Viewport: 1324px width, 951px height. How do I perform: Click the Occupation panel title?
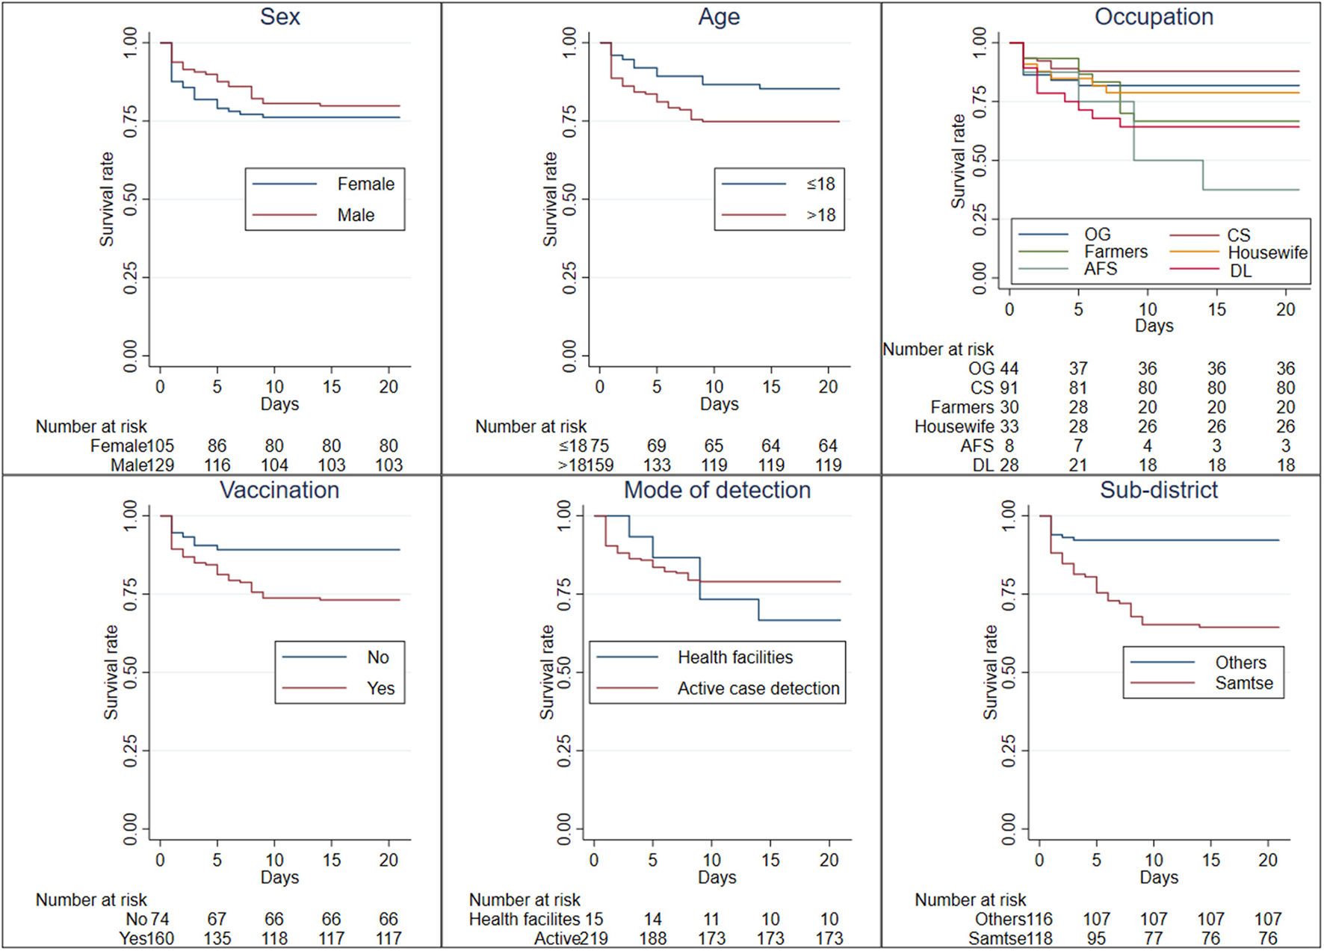click(x=1154, y=17)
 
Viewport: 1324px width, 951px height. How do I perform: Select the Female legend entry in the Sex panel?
click(x=365, y=184)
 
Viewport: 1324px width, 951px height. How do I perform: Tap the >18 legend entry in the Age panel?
click(x=820, y=215)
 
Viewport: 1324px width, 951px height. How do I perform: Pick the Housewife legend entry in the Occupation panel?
click(x=1267, y=253)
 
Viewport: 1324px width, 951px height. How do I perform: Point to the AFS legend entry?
click(x=1101, y=269)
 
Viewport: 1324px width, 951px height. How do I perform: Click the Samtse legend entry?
click(x=1243, y=683)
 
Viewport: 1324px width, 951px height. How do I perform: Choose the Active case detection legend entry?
click(x=758, y=688)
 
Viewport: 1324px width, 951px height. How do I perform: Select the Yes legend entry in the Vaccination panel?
click(x=380, y=688)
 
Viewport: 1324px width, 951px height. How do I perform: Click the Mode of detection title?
click(x=717, y=490)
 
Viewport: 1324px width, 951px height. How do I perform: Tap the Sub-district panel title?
click(x=1159, y=490)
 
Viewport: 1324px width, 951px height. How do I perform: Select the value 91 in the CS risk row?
click(x=1009, y=388)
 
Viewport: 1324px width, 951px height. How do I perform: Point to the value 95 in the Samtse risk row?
click(x=1096, y=938)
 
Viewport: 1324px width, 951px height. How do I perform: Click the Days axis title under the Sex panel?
click(x=279, y=404)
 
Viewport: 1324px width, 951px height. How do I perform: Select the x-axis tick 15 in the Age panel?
click(x=771, y=387)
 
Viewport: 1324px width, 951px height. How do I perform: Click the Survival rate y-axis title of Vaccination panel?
click(x=110, y=672)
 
